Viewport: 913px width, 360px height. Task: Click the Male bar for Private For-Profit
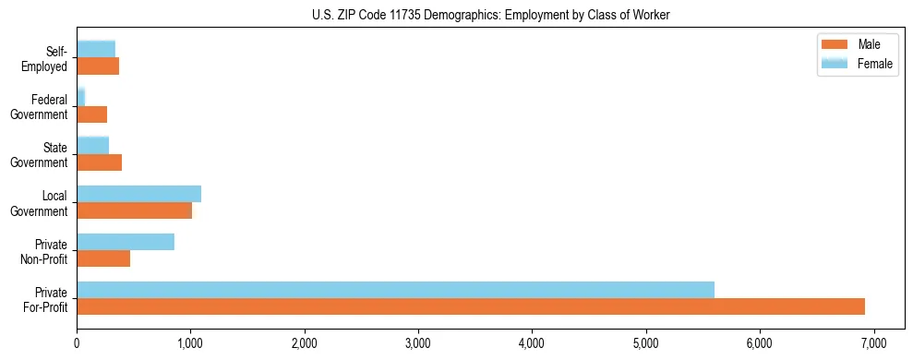tap(471, 306)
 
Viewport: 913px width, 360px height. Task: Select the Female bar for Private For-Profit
tap(395, 290)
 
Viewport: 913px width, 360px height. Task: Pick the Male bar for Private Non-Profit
tap(103, 258)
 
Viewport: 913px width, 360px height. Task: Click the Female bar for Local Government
tap(138, 194)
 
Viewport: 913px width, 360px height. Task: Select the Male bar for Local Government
tap(134, 210)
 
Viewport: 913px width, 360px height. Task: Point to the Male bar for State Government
tap(99, 162)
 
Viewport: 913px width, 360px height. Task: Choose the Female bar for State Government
tap(92, 145)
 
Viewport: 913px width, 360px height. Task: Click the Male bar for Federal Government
tap(91, 114)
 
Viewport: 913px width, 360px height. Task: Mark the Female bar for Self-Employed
tap(96, 49)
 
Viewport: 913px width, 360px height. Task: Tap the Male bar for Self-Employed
tap(98, 66)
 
